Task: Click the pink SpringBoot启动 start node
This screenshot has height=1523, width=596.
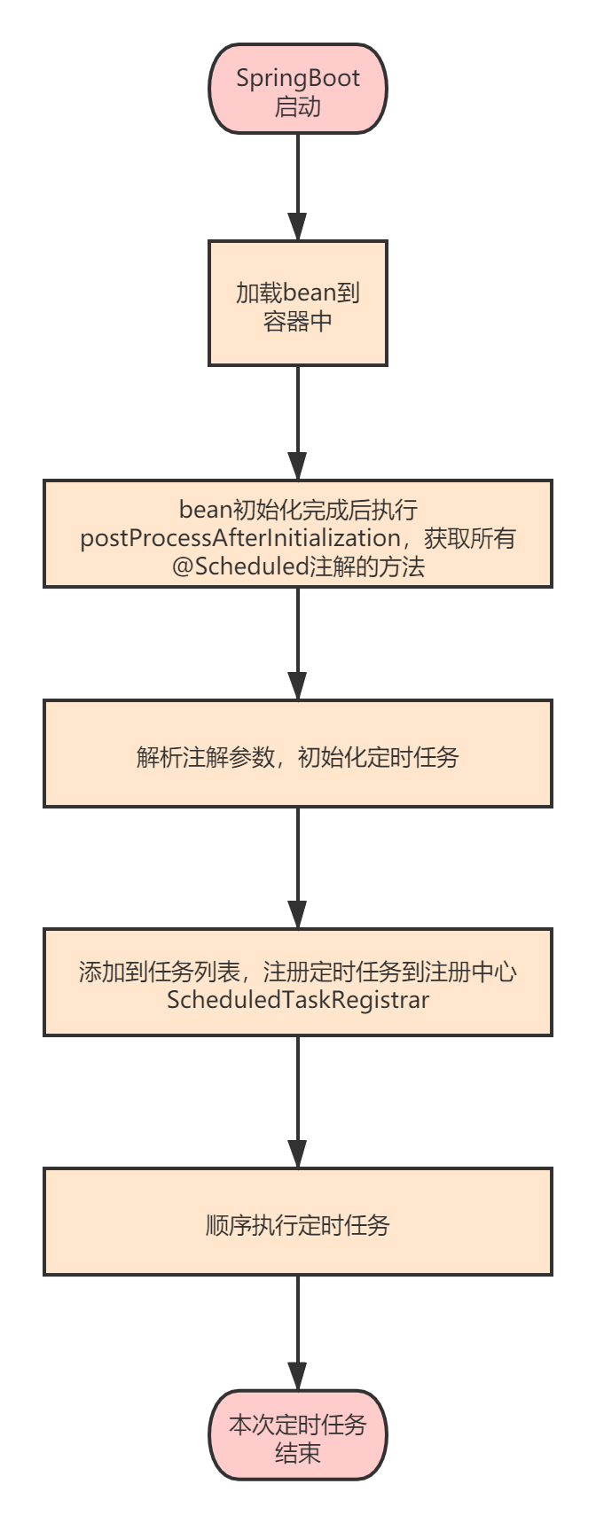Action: tap(298, 89)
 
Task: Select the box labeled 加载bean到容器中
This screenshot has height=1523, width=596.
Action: tap(298, 302)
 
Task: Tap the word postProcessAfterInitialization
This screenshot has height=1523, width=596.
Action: tap(240, 538)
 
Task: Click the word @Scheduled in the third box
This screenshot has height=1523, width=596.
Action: tap(239, 566)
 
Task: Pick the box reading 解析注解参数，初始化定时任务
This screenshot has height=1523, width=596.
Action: tap(298, 754)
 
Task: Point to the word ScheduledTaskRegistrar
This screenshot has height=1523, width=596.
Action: tap(298, 1000)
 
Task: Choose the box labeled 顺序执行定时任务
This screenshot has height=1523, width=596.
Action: tap(298, 1222)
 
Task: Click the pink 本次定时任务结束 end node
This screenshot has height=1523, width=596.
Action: tap(298, 1435)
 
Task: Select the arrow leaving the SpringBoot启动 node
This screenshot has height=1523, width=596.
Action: tap(298, 187)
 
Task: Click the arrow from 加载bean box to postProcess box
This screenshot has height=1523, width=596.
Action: tap(298, 423)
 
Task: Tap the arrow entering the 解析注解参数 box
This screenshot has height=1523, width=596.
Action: tap(298, 644)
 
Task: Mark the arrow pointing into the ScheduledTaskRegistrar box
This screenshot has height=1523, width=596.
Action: tap(298, 868)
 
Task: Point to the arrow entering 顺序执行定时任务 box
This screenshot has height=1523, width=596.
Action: tap(298, 1102)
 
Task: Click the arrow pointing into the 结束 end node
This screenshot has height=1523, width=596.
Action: tap(298, 1333)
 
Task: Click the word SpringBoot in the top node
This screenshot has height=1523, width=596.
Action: tap(298, 78)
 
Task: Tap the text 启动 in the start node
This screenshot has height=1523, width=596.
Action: tap(298, 106)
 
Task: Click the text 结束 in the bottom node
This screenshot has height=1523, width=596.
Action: tap(298, 1453)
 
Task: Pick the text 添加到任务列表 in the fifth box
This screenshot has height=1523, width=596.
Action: tap(160, 972)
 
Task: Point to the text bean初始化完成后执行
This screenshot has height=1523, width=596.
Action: tap(298, 510)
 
